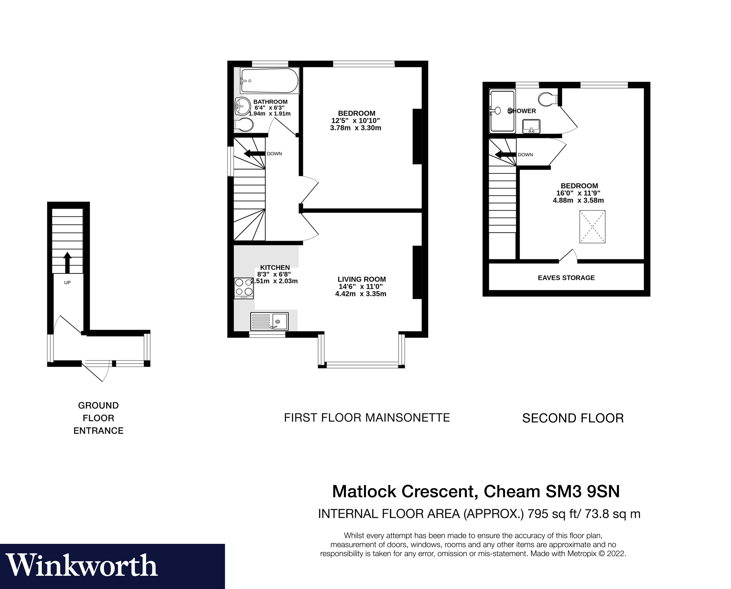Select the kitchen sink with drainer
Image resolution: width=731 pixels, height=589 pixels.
(x=269, y=321)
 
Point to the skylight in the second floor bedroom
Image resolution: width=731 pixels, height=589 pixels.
(x=592, y=227)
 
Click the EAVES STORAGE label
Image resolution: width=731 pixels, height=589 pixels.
(x=566, y=278)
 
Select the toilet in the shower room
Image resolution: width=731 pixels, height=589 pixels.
(x=547, y=99)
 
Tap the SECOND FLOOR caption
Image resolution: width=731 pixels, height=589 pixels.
(x=573, y=418)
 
